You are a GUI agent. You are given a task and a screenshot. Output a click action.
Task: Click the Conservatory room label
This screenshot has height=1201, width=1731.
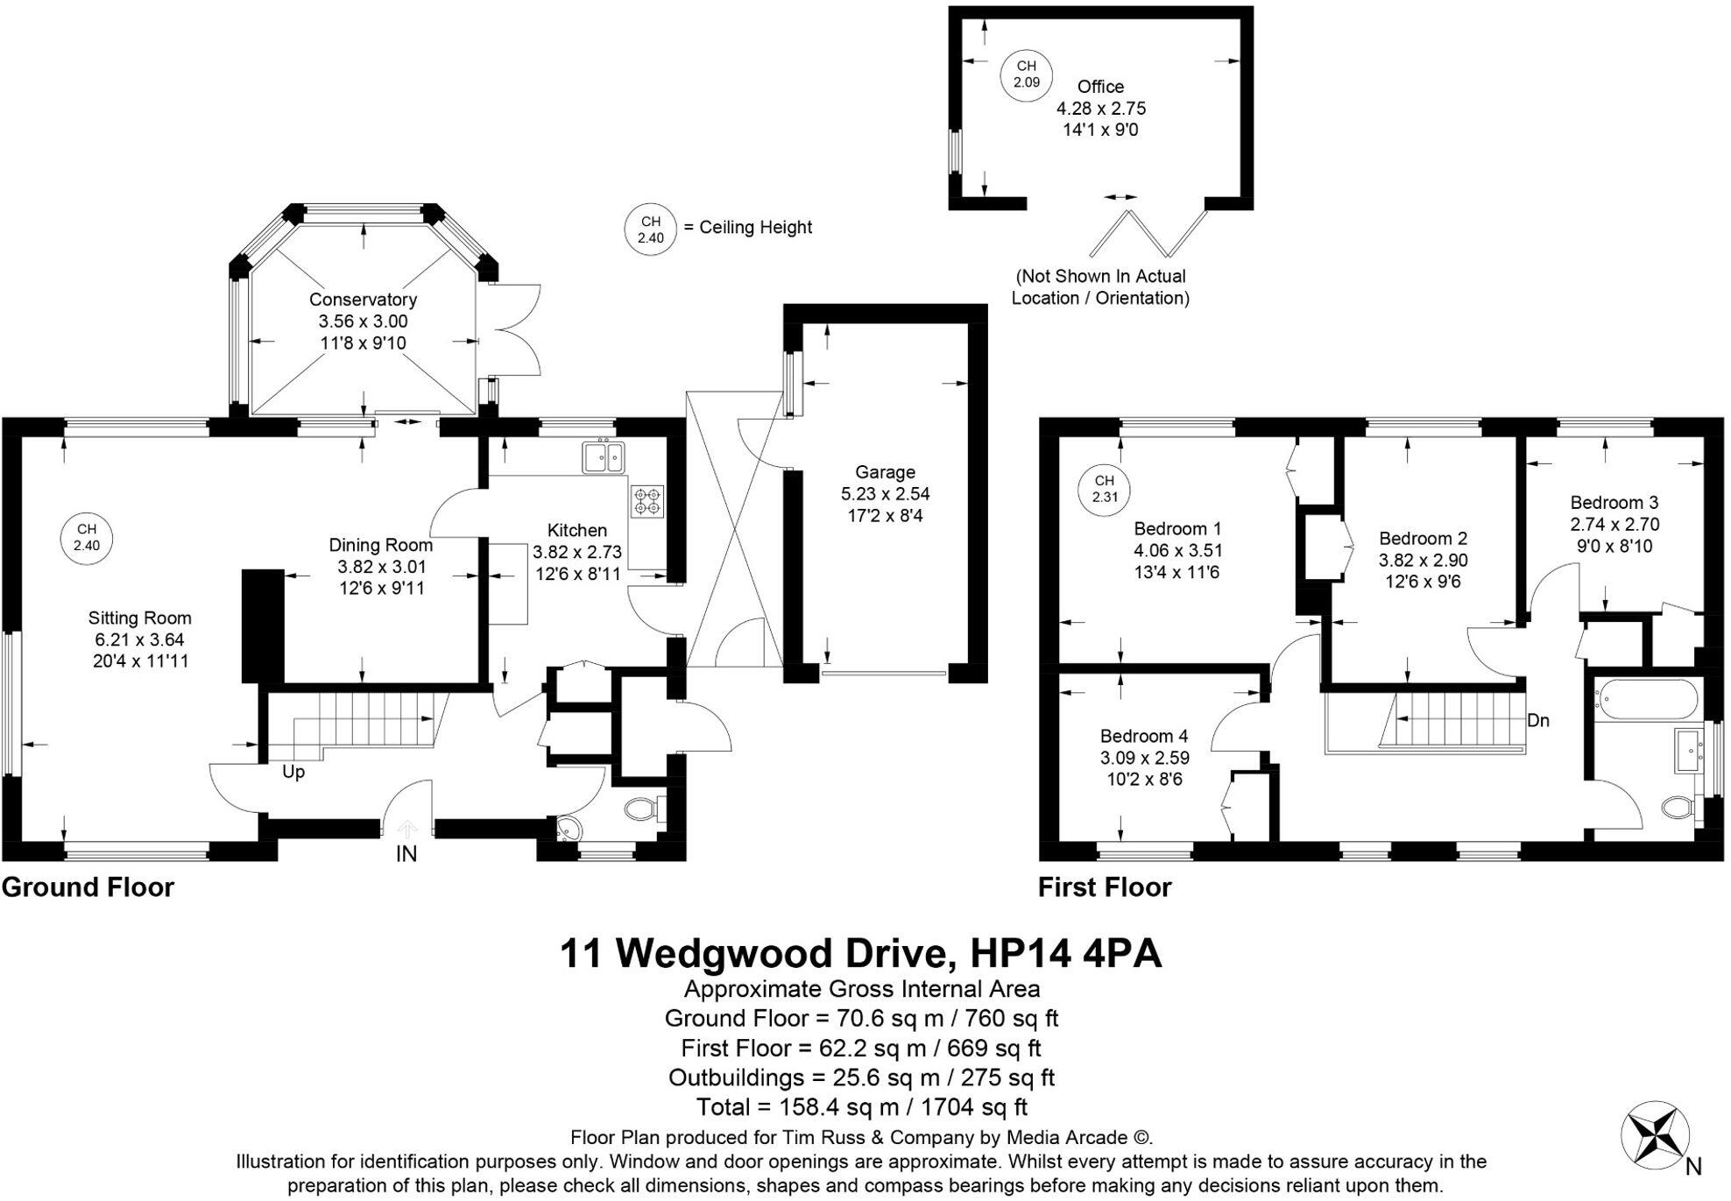coord(363,300)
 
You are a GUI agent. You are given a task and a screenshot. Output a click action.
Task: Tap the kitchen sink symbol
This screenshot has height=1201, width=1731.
coord(603,457)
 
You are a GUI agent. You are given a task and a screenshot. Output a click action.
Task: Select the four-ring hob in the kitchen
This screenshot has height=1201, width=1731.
coord(647,501)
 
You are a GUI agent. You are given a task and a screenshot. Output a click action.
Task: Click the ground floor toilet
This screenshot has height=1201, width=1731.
coord(645,808)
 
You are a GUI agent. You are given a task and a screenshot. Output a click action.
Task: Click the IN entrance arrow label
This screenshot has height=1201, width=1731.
coord(406,852)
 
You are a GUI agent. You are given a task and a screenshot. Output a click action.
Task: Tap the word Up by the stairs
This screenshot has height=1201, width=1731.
coord(293,772)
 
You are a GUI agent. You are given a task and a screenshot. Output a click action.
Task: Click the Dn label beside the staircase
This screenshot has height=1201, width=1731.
coord(1538,720)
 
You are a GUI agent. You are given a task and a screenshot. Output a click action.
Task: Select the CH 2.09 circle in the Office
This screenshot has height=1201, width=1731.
coord(1026,74)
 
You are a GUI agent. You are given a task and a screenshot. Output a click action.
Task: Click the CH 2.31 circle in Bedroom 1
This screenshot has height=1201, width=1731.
coord(1105,489)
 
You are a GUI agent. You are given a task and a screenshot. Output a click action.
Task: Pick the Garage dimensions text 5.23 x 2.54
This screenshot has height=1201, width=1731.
coord(885,494)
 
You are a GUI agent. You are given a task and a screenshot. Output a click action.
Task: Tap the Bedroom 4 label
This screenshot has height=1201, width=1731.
coord(1144,736)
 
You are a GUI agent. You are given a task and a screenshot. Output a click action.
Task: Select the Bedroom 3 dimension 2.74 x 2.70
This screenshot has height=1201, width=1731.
coord(1614,525)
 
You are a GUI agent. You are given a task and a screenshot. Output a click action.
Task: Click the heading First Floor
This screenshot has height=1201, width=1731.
coord(1104,887)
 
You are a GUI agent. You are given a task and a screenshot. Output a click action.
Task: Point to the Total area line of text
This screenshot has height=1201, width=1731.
coord(861,1107)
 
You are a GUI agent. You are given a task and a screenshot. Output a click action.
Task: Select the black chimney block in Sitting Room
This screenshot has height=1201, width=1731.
coord(263,625)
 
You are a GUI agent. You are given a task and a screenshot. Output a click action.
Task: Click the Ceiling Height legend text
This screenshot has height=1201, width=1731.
coord(756,228)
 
